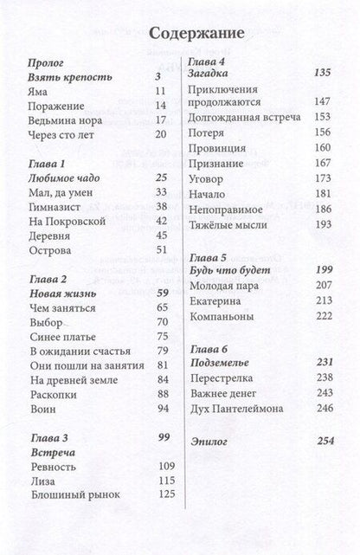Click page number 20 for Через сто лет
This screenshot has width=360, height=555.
click(160, 134)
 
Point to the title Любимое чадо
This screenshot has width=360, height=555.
click(65, 177)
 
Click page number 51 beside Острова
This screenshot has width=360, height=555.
click(160, 251)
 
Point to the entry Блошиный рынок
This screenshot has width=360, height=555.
click(74, 495)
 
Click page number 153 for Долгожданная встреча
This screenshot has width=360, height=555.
click(323, 117)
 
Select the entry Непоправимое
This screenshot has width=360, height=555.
click(226, 209)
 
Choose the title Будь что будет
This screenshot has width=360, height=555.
click(226, 270)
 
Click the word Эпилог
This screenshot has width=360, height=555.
click(209, 442)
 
